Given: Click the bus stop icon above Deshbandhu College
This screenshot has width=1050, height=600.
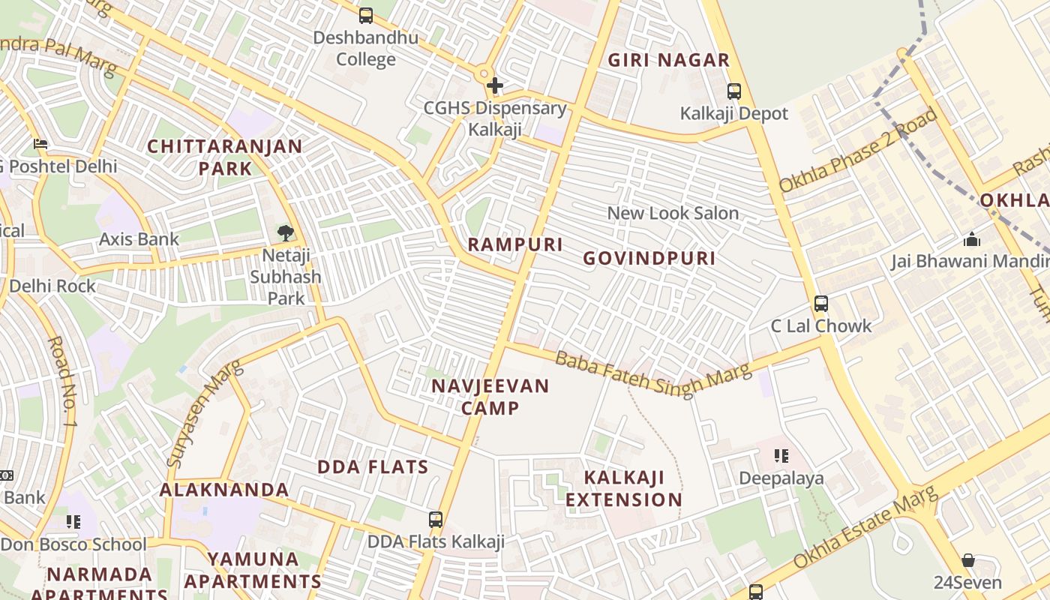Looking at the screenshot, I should (366, 15).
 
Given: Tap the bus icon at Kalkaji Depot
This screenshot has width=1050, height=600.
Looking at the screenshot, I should (734, 91).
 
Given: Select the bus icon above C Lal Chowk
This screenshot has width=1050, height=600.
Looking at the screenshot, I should (821, 304).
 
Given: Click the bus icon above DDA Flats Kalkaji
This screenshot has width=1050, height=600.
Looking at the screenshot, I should (436, 519).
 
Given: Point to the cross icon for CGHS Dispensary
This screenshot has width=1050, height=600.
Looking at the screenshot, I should (495, 85).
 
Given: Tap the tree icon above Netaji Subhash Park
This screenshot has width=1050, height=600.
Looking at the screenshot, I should (285, 233).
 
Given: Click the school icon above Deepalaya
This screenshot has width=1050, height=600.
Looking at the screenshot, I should (781, 456).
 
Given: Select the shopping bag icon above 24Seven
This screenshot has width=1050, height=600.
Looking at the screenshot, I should (967, 560).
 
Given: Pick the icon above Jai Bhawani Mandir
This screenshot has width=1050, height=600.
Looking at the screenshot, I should (972, 239).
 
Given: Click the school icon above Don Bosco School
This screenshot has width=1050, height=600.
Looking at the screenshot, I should (73, 521).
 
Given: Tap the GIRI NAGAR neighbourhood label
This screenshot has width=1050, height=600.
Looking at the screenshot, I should (668, 61).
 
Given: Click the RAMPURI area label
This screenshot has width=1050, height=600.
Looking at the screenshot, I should (515, 244).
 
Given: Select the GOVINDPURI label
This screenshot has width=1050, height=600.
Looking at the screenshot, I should (649, 259).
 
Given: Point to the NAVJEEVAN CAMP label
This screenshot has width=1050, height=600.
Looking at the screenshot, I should (490, 397).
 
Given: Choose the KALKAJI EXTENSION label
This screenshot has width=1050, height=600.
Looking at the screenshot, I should (624, 488).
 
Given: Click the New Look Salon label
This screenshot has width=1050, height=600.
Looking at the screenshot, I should (673, 213).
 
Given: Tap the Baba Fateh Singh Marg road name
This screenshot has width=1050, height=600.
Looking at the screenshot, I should (652, 373).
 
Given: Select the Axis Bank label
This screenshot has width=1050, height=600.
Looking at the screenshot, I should (139, 239).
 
